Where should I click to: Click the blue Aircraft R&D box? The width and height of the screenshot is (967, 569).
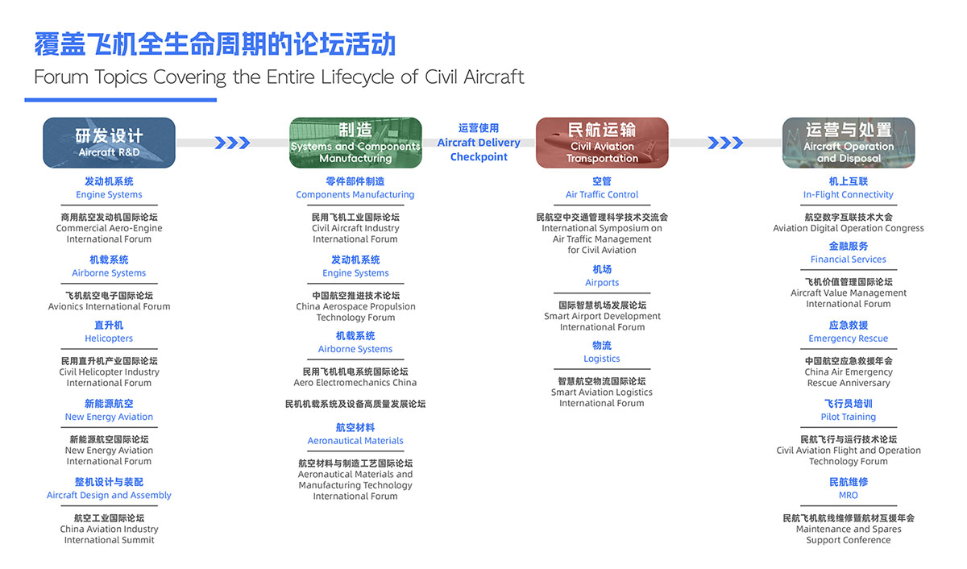(x=110, y=143)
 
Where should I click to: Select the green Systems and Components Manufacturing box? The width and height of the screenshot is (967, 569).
(x=355, y=143)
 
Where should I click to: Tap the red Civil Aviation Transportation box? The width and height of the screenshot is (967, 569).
(x=602, y=143)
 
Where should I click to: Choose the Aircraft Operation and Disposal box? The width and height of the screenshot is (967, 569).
(x=849, y=143)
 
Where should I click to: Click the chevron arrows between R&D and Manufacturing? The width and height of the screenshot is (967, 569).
(x=232, y=143)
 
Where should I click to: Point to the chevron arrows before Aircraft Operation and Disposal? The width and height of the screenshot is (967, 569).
(x=725, y=143)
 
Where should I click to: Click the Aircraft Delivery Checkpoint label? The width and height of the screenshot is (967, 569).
(x=479, y=149)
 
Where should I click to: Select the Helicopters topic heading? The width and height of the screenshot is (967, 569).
(x=109, y=338)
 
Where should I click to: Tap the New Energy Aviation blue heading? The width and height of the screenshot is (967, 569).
(x=109, y=417)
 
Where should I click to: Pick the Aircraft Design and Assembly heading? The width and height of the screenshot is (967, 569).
(x=109, y=495)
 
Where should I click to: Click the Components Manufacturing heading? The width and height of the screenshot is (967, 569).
(x=355, y=194)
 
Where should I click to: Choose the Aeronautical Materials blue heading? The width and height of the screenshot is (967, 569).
(x=355, y=440)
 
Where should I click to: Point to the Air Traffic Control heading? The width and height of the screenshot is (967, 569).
(x=602, y=194)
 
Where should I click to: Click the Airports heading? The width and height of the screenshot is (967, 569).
(x=602, y=282)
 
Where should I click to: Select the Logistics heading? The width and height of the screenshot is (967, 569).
(x=602, y=359)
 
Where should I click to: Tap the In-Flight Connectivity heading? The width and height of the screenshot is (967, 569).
(x=849, y=194)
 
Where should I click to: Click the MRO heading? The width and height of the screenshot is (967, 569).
(x=849, y=495)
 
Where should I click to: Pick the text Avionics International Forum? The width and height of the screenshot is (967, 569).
(x=110, y=306)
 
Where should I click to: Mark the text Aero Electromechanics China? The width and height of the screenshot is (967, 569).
(x=355, y=382)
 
